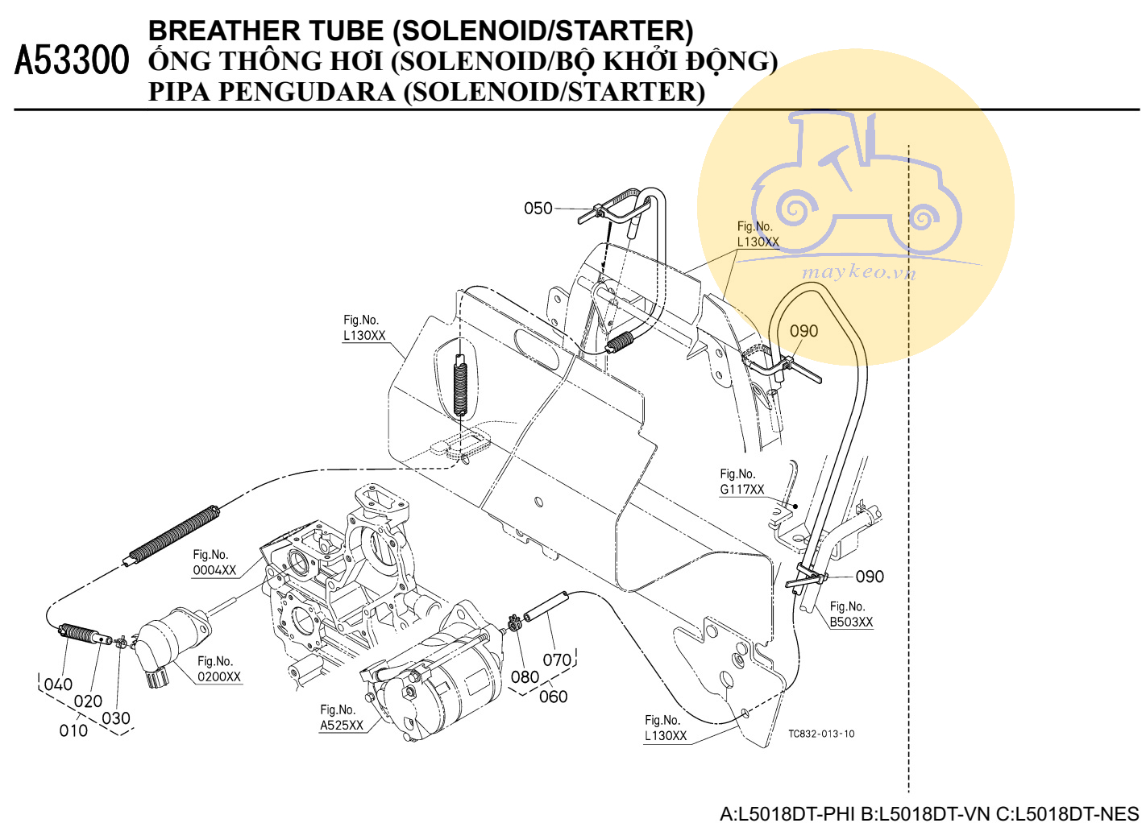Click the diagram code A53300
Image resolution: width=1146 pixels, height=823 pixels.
click(x=72, y=60)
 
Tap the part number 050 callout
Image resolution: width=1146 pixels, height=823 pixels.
click(x=538, y=209)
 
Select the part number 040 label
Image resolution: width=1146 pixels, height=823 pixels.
click(x=58, y=684)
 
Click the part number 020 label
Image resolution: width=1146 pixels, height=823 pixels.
click(x=88, y=701)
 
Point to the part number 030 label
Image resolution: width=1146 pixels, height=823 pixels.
click(x=116, y=718)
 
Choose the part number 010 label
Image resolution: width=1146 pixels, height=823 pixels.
click(x=73, y=730)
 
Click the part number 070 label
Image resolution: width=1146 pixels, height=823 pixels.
click(x=557, y=660)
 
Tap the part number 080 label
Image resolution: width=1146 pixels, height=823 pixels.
click(x=525, y=677)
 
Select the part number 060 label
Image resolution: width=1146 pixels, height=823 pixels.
click(x=553, y=697)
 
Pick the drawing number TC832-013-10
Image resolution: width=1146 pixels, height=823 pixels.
click(x=821, y=734)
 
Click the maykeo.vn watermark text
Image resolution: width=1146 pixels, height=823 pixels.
click(x=859, y=272)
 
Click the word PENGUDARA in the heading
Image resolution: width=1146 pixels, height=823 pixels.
click(x=307, y=92)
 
